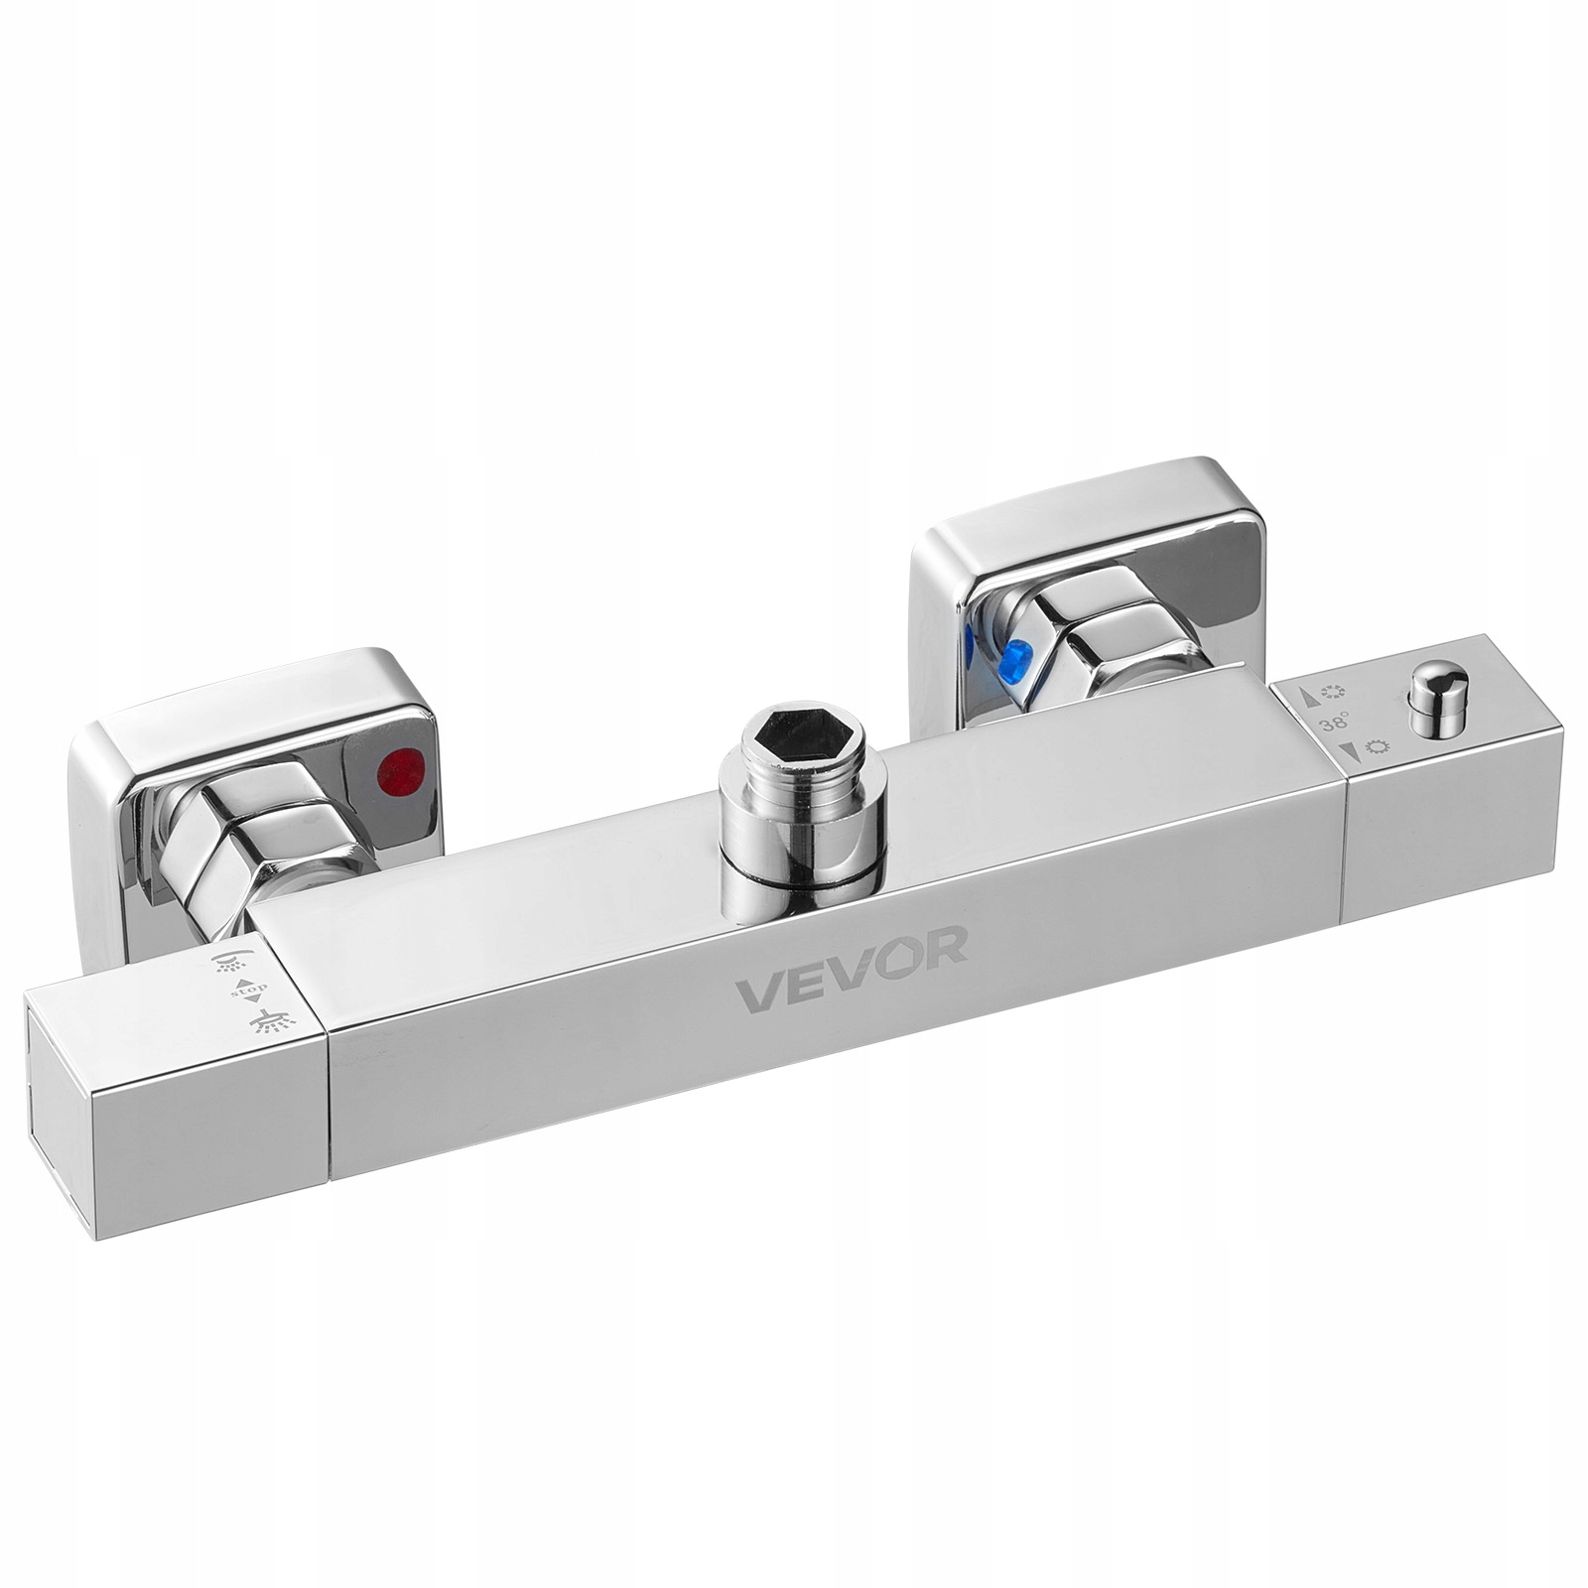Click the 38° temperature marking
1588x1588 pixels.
1333,727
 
